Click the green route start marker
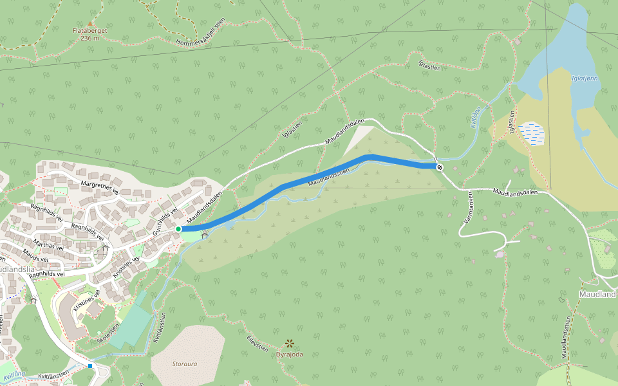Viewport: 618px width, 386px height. tap(178, 228)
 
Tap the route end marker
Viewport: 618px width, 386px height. tap(440, 167)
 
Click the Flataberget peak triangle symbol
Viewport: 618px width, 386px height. tap(90, 23)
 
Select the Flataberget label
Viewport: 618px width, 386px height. tap(89, 30)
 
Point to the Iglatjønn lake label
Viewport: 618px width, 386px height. tap(585, 78)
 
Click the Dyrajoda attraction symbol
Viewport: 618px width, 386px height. tap(290, 344)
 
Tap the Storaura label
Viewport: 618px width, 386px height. tap(185, 363)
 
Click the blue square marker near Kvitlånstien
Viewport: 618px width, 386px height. tap(90, 365)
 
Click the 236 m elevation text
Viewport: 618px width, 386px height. tap(89, 38)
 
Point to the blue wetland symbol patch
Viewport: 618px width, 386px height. tap(532, 133)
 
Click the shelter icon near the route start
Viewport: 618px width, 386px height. tap(205, 236)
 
